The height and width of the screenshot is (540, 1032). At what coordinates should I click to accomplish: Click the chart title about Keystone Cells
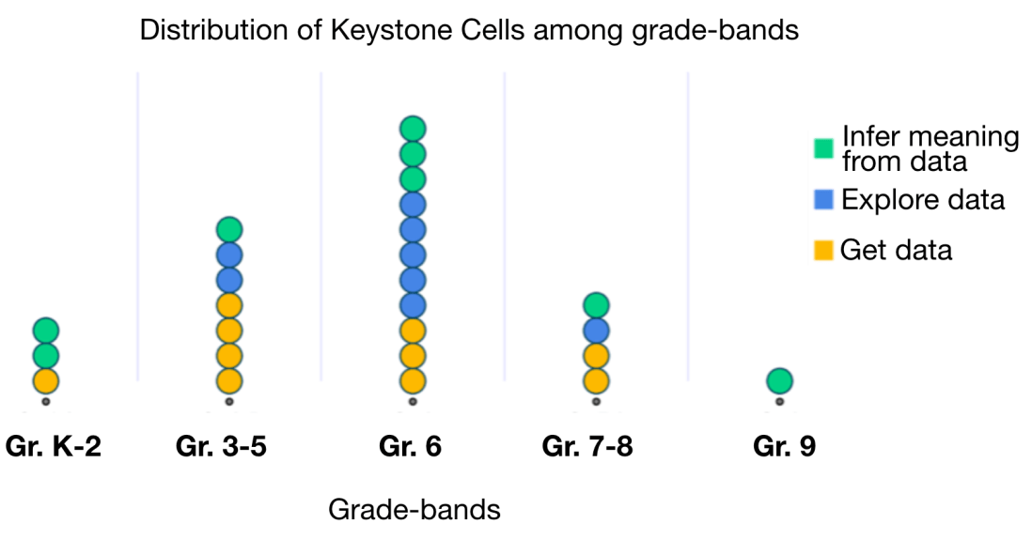pyautogui.click(x=469, y=31)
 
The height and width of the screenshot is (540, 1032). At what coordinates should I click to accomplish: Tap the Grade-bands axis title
pyautogui.click(x=414, y=510)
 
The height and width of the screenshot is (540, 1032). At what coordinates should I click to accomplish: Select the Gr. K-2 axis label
pyautogui.click(x=53, y=447)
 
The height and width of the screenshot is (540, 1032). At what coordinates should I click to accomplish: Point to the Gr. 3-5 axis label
pyautogui.click(x=221, y=447)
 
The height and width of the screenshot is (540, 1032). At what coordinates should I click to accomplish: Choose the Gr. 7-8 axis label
pyautogui.click(x=587, y=447)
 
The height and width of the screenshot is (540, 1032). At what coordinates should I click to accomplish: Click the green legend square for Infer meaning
pyautogui.click(x=823, y=148)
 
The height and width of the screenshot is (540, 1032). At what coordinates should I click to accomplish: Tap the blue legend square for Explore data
pyautogui.click(x=823, y=200)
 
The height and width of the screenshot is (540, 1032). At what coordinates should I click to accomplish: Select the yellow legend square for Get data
pyautogui.click(x=823, y=250)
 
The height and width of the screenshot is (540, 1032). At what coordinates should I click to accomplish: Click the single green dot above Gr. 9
pyautogui.click(x=779, y=380)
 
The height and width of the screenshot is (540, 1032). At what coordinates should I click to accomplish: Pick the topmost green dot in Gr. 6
pyautogui.click(x=413, y=129)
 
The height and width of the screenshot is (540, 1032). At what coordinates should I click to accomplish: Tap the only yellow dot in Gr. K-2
pyautogui.click(x=46, y=380)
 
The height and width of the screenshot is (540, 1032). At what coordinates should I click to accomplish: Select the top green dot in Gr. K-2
pyautogui.click(x=46, y=330)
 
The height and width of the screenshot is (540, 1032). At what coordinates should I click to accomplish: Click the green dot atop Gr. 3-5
pyautogui.click(x=229, y=229)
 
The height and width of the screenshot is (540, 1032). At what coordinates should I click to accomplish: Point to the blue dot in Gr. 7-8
pyautogui.click(x=596, y=330)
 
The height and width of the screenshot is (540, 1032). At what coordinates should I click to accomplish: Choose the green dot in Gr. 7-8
pyautogui.click(x=596, y=304)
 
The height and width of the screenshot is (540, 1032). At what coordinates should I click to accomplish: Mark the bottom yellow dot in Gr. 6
pyautogui.click(x=413, y=380)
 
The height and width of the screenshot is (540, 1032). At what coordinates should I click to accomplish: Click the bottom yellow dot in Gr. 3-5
pyautogui.click(x=229, y=380)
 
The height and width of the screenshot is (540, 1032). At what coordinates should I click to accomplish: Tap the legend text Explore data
pyautogui.click(x=923, y=200)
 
